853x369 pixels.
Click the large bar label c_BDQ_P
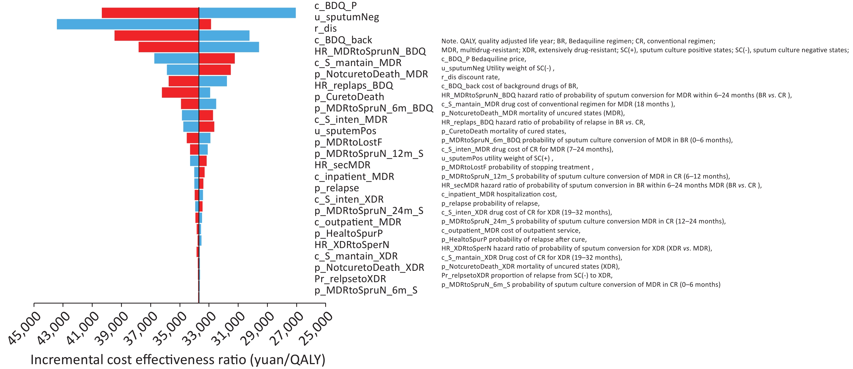(336, 6)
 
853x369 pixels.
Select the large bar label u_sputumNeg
(347, 17)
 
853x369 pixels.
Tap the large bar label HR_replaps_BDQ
(354, 85)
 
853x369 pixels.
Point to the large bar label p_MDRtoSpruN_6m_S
(366, 290)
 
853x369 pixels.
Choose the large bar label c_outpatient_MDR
(358, 222)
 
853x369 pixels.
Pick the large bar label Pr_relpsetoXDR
(350, 279)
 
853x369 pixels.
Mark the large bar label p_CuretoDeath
(349, 97)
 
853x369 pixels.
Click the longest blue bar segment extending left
(128, 24)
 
